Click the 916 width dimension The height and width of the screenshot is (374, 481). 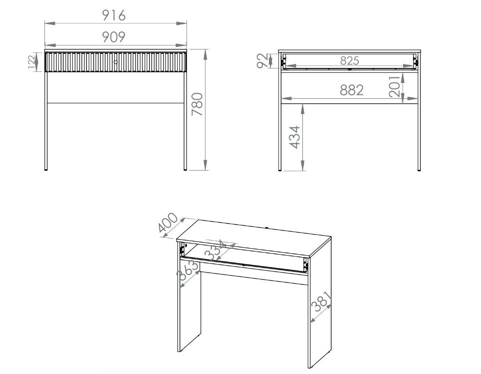(x=114, y=15)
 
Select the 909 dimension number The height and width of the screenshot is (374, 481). (x=114, y=36)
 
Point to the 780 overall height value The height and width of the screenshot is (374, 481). (x=198, y=104)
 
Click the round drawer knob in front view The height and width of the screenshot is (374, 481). (x=115, y=62)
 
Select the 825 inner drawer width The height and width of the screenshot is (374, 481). (x=349, y=61)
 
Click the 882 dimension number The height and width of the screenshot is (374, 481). (x=352, y=90)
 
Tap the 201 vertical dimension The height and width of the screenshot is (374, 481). (x=394, y=86)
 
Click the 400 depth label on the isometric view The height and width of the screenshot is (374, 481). (x=168, y=223)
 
